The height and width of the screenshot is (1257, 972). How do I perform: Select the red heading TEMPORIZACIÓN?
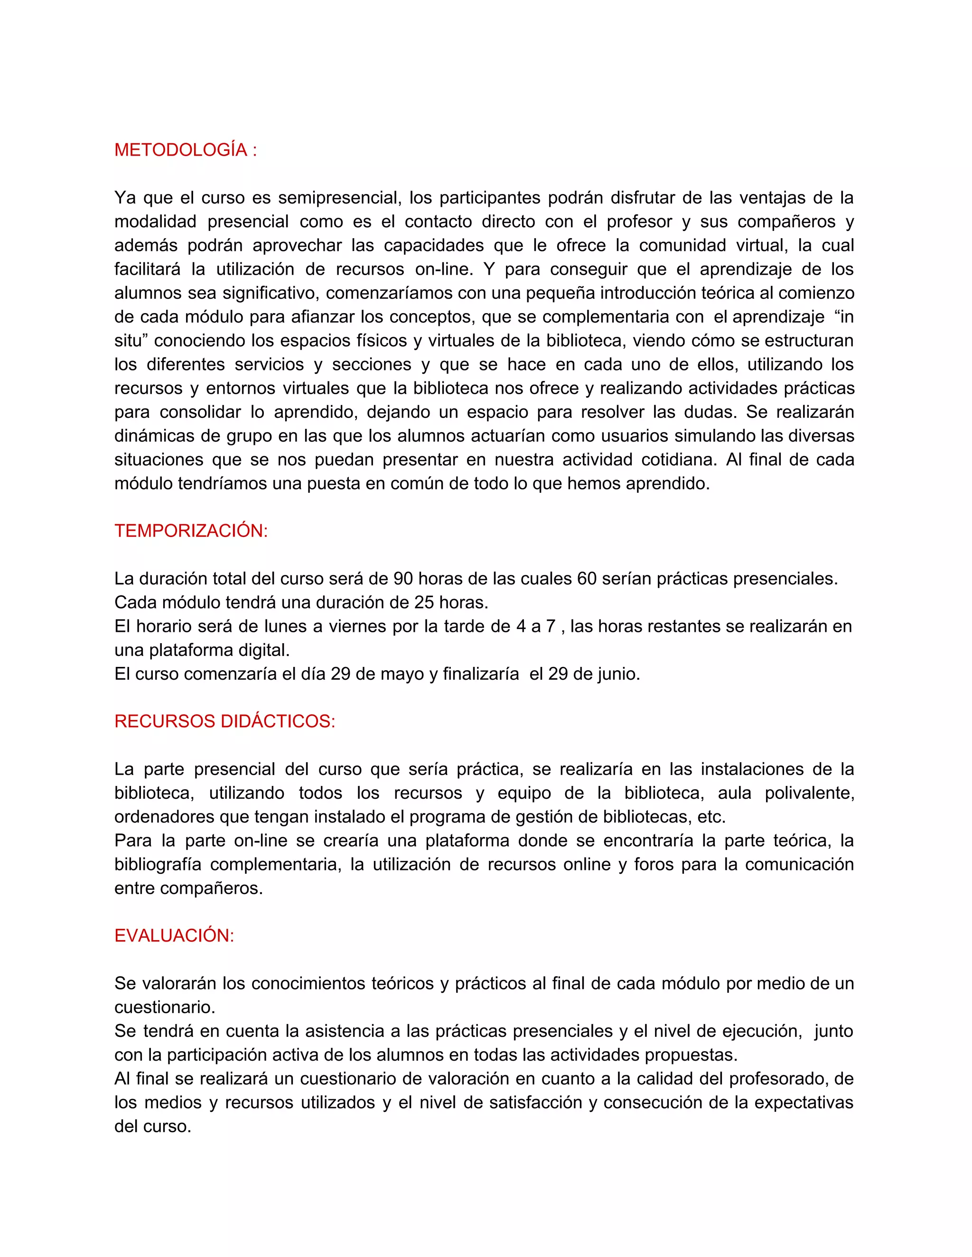tap(191, 531)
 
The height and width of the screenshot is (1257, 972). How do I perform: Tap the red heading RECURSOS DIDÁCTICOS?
tap(224, 721)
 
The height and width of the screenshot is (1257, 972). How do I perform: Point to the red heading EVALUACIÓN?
tap(174, 935)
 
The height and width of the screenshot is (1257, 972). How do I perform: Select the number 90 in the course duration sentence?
tap(403, 578)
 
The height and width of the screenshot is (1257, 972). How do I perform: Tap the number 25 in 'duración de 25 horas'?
tap(424, 602)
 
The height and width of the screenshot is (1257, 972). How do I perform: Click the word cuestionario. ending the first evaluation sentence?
tap(165, 1007)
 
